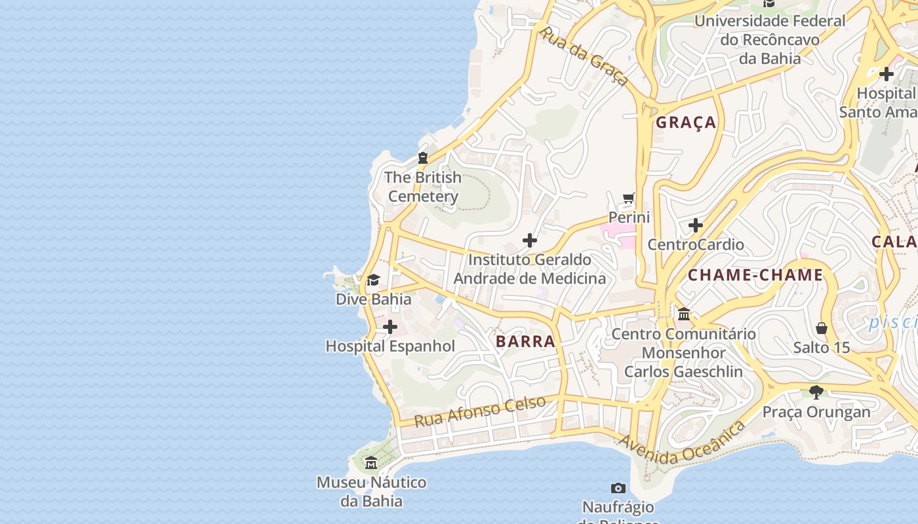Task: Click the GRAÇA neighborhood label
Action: pos(686,122)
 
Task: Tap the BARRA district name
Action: pos(525,341)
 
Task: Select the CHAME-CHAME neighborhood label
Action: pos(755,275)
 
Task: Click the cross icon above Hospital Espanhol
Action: pos(390,327)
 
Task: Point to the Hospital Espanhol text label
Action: pos(390,346)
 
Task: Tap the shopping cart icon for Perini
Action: pos(629,198)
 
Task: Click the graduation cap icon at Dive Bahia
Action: pos(373,280)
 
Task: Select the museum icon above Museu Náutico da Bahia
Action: pos(371,463)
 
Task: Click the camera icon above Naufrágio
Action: pos(618,488)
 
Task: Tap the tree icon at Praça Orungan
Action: pos(816,392)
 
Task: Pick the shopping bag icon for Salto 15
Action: pos(821,327)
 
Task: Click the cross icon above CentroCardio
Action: pos(695,226)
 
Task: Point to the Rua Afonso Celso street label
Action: pos(479,411)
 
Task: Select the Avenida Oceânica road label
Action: pos(682,444)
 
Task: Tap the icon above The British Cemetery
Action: pos(423,158)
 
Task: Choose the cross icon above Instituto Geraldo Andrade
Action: pos(530,240)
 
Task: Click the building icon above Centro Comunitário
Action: pos(684,314)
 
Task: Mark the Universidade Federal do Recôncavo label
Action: pos(770,39)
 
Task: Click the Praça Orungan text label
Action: pos(816,412)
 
